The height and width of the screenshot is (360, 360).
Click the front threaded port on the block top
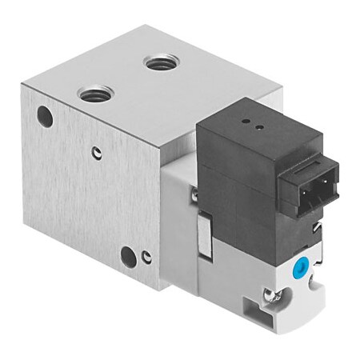click(x=96, y=94)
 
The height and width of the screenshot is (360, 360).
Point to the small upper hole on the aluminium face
click(x=96, y=153)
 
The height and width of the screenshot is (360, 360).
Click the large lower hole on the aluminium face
click(x=127, y=255)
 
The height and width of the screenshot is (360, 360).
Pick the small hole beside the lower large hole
click(x=146, y=257)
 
